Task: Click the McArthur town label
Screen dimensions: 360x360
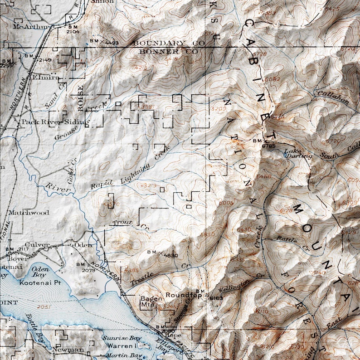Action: (x=30, y=27)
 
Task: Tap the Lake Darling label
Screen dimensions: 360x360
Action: (x=298, y=154)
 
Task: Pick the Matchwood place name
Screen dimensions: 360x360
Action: (x=28, y=212)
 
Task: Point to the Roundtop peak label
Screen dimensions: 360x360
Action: (x=183, y=295)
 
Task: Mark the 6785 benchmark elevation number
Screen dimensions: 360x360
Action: (x=268, y=146)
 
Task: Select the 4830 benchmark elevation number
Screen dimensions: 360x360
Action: (x=170, y=255)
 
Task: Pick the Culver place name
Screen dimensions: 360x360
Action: (x=40, y=245)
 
